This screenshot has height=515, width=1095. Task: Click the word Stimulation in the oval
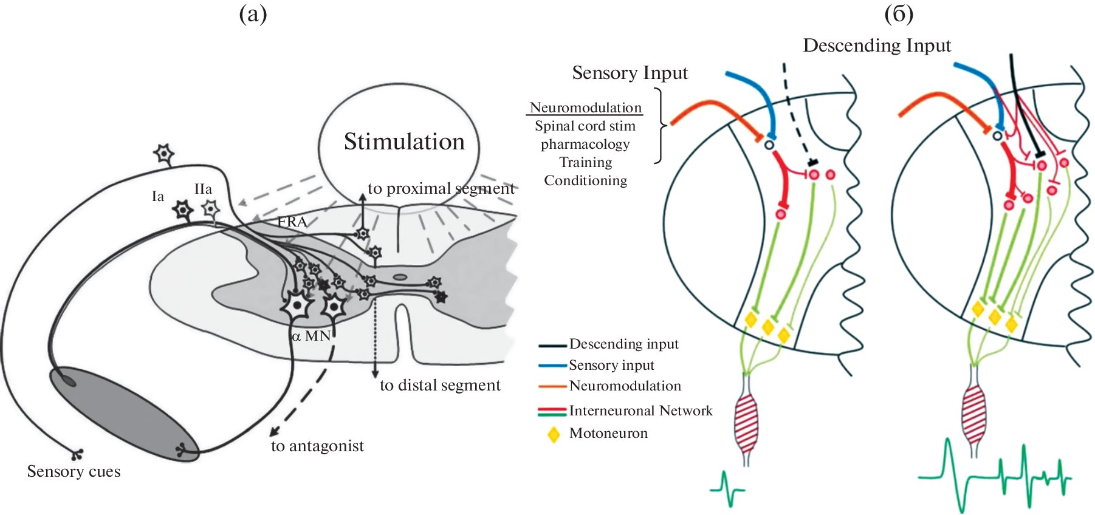404,142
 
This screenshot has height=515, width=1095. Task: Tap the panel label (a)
253,13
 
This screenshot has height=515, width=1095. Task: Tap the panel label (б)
899,13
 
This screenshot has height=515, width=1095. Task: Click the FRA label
292,222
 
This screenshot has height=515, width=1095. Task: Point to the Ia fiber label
158,196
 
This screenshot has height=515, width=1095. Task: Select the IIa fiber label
203,189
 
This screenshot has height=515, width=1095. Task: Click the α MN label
311,336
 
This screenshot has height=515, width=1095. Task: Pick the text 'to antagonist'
317,446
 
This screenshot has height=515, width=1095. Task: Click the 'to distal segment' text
440,385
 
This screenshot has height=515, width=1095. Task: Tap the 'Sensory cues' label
74,471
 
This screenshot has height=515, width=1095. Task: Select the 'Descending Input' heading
877,46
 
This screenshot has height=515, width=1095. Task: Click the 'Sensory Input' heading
630,73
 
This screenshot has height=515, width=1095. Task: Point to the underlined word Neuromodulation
585,107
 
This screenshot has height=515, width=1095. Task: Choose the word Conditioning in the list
585,180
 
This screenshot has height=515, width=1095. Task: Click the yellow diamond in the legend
554,435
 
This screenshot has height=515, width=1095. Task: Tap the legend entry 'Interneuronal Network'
640,411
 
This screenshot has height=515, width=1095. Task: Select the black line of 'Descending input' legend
552,346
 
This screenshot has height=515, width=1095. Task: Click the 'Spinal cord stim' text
585,126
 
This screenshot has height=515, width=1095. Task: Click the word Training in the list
585,162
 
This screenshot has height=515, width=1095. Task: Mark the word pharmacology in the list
585,145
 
